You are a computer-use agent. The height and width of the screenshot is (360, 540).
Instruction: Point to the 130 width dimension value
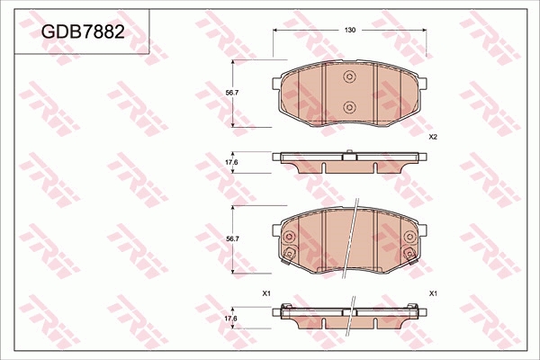349,31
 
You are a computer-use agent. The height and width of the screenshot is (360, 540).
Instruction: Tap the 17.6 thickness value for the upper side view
231,162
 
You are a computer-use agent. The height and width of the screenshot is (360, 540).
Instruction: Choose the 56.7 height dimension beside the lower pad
232,238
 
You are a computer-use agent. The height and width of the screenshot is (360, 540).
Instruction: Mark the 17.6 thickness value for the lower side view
230,319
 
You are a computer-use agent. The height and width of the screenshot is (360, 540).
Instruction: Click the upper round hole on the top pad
349,78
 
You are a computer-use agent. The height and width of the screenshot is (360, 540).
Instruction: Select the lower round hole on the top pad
349,108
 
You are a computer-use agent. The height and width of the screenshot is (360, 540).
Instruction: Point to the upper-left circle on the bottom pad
290,238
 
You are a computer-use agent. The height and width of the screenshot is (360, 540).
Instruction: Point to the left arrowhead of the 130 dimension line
276,31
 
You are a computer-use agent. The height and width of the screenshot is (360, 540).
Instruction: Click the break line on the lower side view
349,314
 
